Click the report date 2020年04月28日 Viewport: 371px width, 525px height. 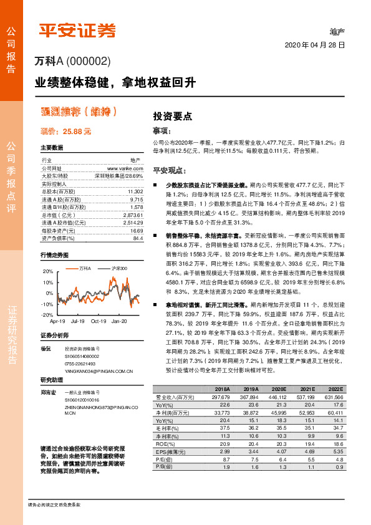[315, 46]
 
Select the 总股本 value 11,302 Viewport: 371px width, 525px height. [135, 191]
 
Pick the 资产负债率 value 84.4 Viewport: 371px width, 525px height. [138, 238]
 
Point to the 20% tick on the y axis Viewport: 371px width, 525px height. [47, 272]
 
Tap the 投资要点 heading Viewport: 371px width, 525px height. [172, 116]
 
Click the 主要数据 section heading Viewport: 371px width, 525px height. [52, 148]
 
